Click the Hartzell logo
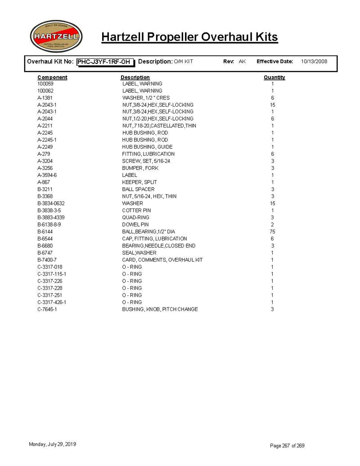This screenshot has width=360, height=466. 55,36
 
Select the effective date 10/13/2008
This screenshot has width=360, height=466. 314,62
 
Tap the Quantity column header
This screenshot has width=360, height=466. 274,77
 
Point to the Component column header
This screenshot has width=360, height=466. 52,77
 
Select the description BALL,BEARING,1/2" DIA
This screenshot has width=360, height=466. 148,231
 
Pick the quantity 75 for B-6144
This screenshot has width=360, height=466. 272,231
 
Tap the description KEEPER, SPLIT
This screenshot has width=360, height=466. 139,182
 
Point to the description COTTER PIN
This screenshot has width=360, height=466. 136,210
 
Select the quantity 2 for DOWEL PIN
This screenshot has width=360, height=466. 272,225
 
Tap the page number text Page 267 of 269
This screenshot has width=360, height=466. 287,446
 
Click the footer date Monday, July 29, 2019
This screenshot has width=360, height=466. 52,444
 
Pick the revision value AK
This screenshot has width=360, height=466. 242,62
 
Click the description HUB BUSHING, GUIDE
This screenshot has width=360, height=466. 147,147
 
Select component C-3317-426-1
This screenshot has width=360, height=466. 52,302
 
